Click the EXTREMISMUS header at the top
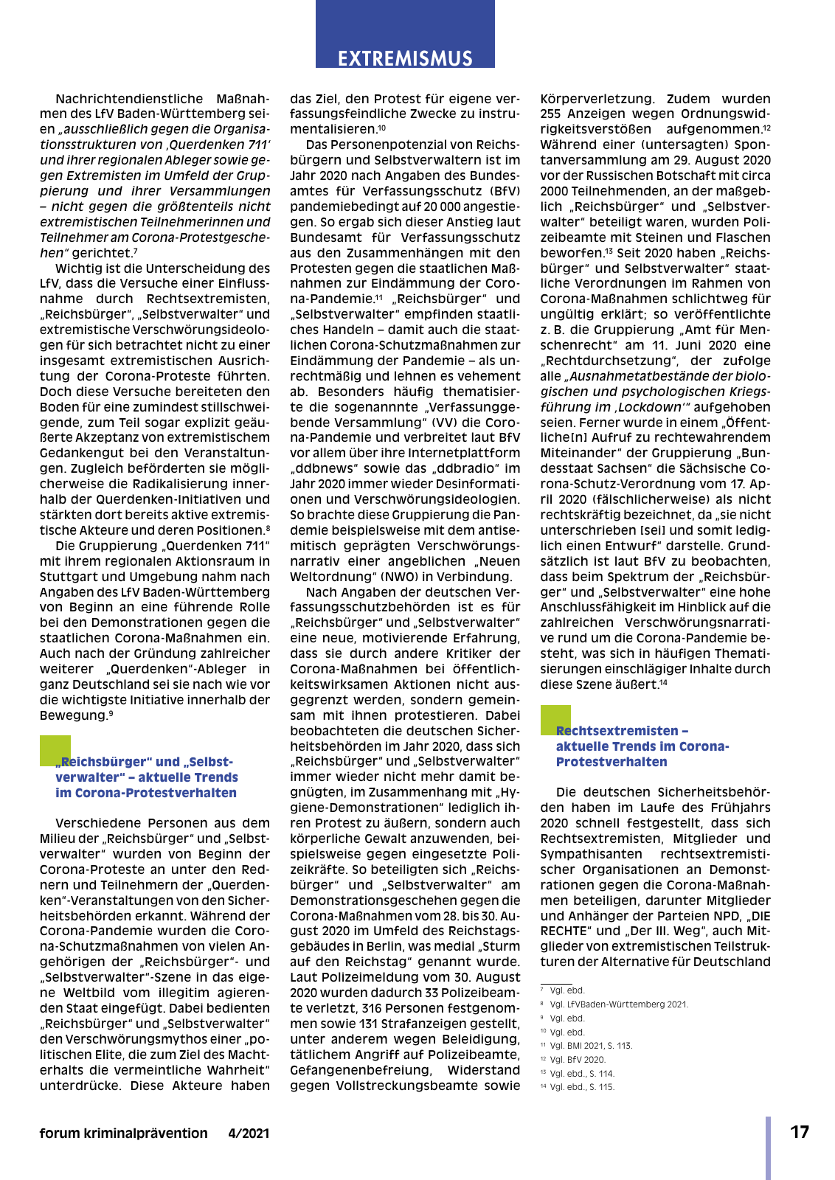[x=405, y=58]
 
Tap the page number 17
[x=800, y=1132]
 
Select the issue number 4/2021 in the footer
[x=249, y=1134]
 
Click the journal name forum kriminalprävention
[x=123, y=1134]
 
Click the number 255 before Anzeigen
[x=550, y=114]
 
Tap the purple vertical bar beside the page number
[x=768, y=1147]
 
